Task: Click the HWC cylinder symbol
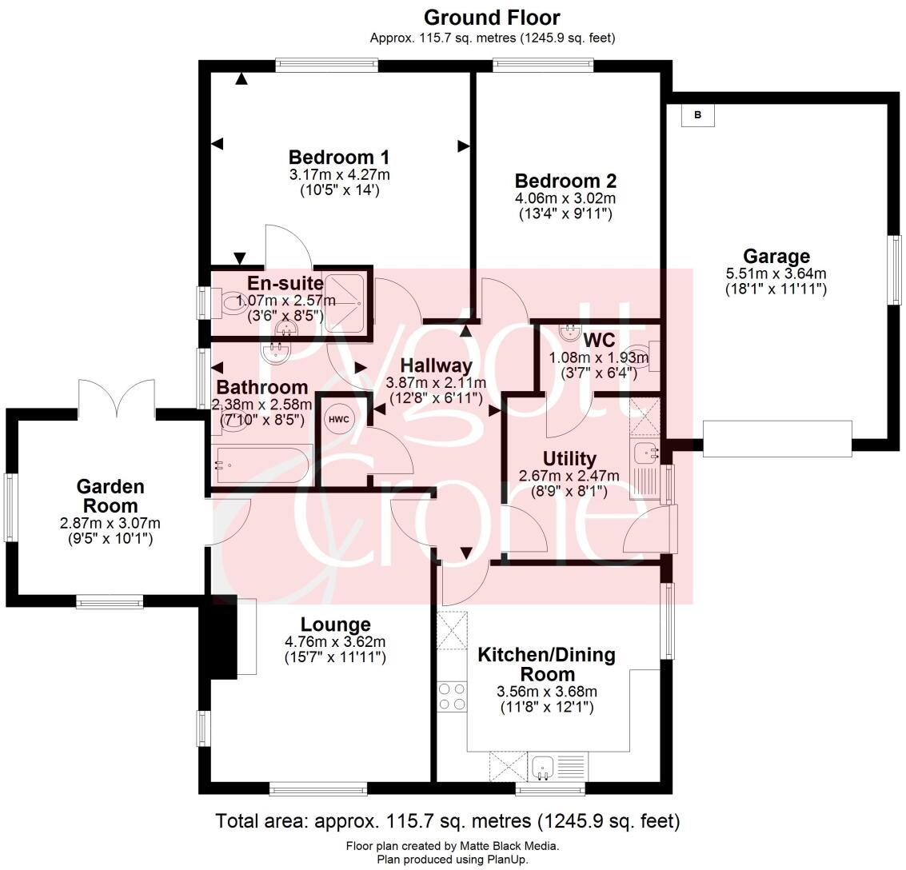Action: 337,419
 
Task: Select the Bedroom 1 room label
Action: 339,157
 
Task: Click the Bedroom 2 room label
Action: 565,181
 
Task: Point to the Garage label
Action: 776,257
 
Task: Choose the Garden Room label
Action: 110,496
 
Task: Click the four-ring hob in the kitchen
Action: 452,696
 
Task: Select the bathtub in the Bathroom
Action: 262,465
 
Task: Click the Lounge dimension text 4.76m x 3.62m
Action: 335,642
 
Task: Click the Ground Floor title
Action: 492,18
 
